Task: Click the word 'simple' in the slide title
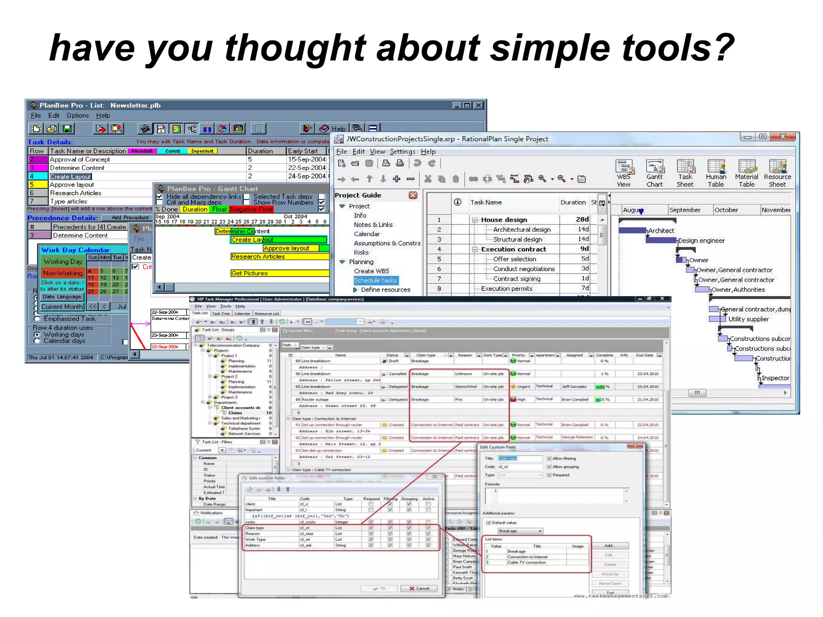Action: (x=551, y=48)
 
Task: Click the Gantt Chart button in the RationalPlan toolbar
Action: (x=654, y=173)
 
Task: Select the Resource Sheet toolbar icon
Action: (x=777, y=173)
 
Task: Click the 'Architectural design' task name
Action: (x=522, y=229)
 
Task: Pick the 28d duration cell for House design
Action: (x=582, y=219)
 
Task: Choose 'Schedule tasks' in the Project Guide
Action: (x=375, y=280)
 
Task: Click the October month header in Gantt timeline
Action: (x=726, y=210)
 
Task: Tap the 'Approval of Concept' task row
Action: (x=80, y=159)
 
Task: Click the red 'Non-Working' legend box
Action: (x=63, y=273)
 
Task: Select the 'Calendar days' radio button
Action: (x=37, y=341)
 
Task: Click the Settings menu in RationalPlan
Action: (x=402, y=151)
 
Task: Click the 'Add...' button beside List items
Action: (x=609, y=545)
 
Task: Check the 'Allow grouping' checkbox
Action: (x=549, y=467)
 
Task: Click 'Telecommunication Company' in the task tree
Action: (x=233, y=345)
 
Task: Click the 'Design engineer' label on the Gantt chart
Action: (x=701, y=241)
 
